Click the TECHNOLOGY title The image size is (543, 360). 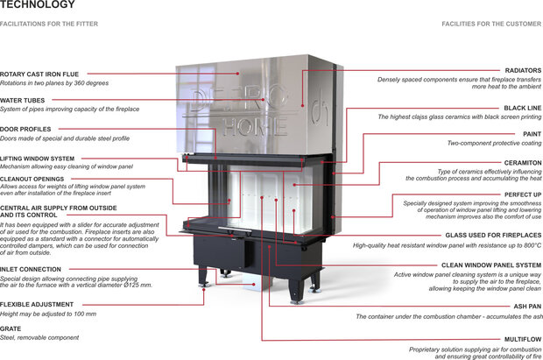pyautogui.click(x=32, y=5)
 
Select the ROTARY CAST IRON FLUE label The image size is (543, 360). pyautogui.click(x=39, y=74)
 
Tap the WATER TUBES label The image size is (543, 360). pyautogui.click(x=23, y=101)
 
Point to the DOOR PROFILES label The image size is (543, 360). pyautogui.click(x=26, y=130)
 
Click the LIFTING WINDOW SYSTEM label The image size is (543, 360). pyautogui.click(x=37, y=159)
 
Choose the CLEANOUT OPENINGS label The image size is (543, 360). pyautogui.click(x=32, y=179)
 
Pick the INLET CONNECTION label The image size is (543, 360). pyautogui.click(x=31, y=269)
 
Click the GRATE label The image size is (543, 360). pyautogui.click(x=11, y=328)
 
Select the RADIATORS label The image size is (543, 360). pyautogui.click(x=523, y=70)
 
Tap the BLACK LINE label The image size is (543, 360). pyautogui.click(x=523, y=108)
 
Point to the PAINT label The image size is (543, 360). pyautogui.click(x=532, y=134)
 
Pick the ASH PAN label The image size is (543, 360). pyautogui.click(x=527, y=307)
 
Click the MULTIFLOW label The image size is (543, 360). pyautogui.click(x=523, y=338)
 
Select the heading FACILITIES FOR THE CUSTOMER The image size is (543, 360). pyautogui.click(x=491, y=25)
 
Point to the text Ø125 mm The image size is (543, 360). pyautogui.click(x=140, y=286)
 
